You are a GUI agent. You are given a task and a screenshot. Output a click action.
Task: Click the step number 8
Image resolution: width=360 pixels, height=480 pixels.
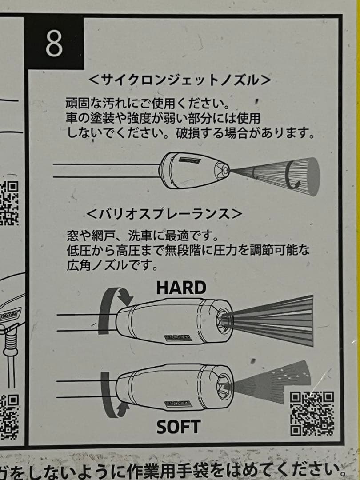pyautogui.click(x=54, y=43)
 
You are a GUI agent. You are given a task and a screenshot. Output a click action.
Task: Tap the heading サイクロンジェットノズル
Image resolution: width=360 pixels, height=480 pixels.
pyautogui.click(x=180, y=80)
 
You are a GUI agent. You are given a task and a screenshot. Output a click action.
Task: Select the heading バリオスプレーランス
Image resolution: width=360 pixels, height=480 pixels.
pyautogui.click(x=164, y=213)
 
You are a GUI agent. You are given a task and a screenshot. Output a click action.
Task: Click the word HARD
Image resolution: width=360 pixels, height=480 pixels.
pyautogui.click(x=181, y=288)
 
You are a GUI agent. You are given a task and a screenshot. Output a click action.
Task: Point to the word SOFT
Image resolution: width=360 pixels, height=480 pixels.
pyautogui.click(x=179, y=427)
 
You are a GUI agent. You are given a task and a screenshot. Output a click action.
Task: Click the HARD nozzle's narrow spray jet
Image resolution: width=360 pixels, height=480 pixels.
pyautogui.click(x=271, y=320)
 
